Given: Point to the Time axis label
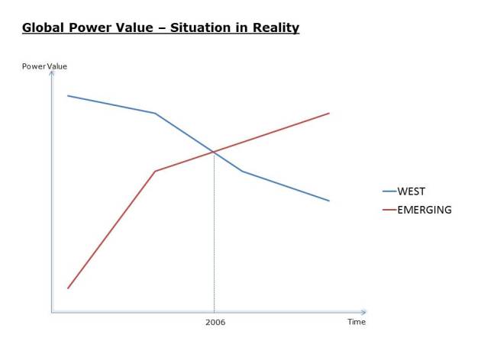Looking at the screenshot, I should click(357, 322).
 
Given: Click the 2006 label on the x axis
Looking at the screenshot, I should click(215, 322).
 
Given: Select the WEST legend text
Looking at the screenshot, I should click(412, 191).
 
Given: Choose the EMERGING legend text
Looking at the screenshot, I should click(425, 210).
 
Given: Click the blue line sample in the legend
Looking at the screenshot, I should click(389, 191).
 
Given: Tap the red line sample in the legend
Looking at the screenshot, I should click(389, 210).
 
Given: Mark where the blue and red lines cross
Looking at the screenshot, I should click(214, 152).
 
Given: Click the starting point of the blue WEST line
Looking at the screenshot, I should click(68, 96).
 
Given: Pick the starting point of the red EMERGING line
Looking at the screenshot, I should click(68, 288).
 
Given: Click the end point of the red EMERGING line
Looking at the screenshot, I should click(329, 113).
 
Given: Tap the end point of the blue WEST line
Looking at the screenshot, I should click(329, 201).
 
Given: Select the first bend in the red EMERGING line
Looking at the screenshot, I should click(155, 171).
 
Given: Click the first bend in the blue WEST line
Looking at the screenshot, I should click(155, 114).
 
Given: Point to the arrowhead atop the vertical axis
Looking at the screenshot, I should click(51, 74).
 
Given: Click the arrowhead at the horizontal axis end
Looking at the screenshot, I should click(363, 312).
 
